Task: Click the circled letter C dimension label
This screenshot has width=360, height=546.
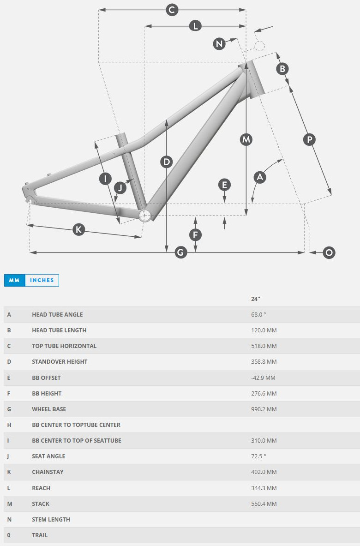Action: [172, 10]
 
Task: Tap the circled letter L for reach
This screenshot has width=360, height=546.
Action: [195, 26]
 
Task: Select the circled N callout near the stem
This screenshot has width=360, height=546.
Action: [219, 44]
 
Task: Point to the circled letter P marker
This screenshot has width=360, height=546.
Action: [310, 139]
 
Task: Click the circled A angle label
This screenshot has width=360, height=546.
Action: [260, 177]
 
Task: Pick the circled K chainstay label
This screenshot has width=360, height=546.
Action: [79, 229]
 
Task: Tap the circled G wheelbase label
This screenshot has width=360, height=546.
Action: [180, 252]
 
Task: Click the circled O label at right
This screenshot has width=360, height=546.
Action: [329, 252]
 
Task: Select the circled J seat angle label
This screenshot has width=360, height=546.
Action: [120, 188]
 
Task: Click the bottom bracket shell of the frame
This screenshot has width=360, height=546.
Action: [145, 215]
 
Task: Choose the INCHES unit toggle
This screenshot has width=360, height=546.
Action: [42, 280]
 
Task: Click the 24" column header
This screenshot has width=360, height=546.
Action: [256, 299]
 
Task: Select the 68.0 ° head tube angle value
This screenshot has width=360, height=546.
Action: [258, 315]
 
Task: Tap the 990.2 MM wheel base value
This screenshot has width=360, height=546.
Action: [264, 409]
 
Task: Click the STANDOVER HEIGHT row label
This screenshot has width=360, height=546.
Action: [60, 362]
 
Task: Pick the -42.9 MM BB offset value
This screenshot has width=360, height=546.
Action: [263, 378]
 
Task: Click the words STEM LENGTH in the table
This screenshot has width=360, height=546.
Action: [51, 520]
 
